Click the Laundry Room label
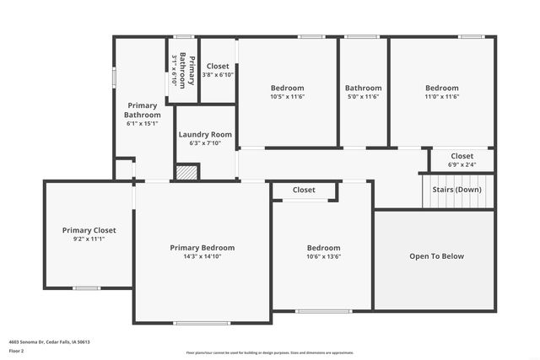(205, 134)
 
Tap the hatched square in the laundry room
(186, 171)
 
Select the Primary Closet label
(89, 230)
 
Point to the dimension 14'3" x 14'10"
(202, 257)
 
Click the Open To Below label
(436, 256)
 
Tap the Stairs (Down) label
(457, 190)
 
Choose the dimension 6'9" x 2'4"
(462, 165)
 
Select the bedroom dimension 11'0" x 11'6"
(441, 97)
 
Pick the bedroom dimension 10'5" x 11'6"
(287, 97)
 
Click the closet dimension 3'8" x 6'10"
(218, 75)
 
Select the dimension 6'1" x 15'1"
(142, 124)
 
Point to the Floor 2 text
(16, 350)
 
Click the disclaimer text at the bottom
(270, 353)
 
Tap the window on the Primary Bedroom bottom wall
(202, 322)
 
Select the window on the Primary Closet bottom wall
(86, 287)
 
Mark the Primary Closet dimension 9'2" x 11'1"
(89, 239)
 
